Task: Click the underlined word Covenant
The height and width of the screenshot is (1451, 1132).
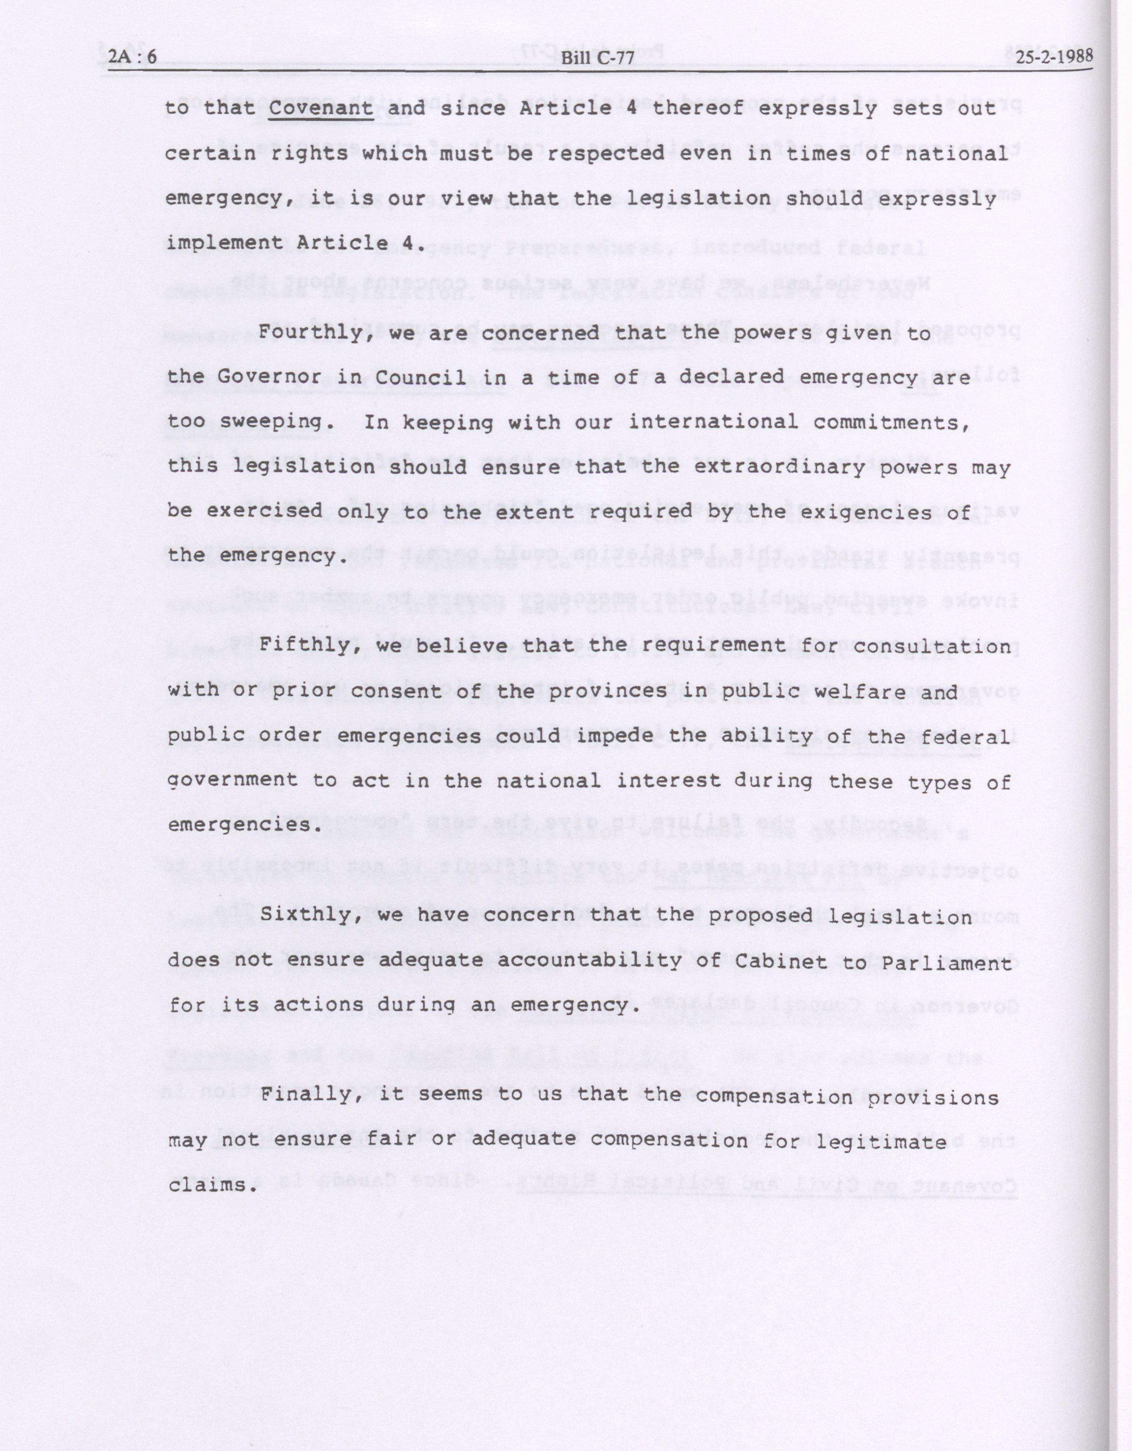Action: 322,108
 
